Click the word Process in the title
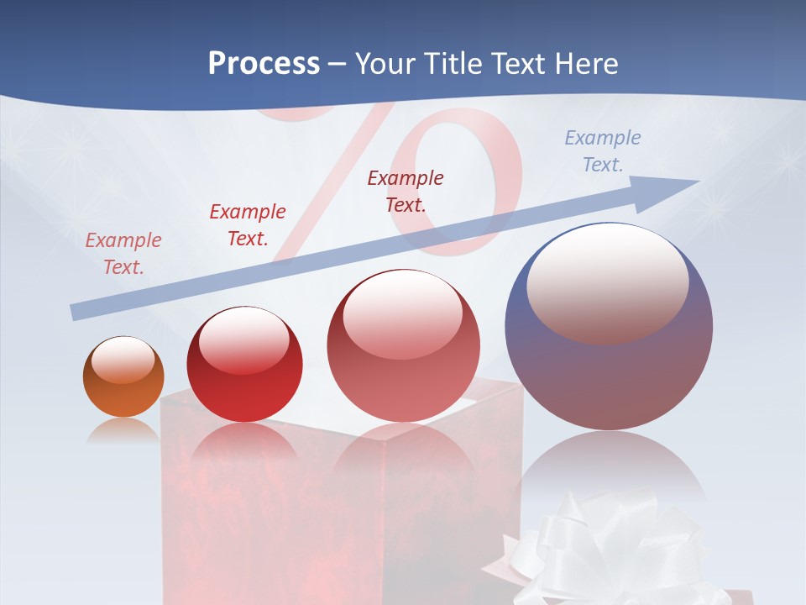coord(264,64)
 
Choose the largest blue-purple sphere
coord(609,370)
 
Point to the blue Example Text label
coord(603,151)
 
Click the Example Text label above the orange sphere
coord(123,253)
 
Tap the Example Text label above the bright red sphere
coord(248,224)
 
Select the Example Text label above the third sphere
coord(406,191)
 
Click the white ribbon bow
coord(604,546)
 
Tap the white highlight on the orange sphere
coord(123,360)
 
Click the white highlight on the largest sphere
coord(607,281)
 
